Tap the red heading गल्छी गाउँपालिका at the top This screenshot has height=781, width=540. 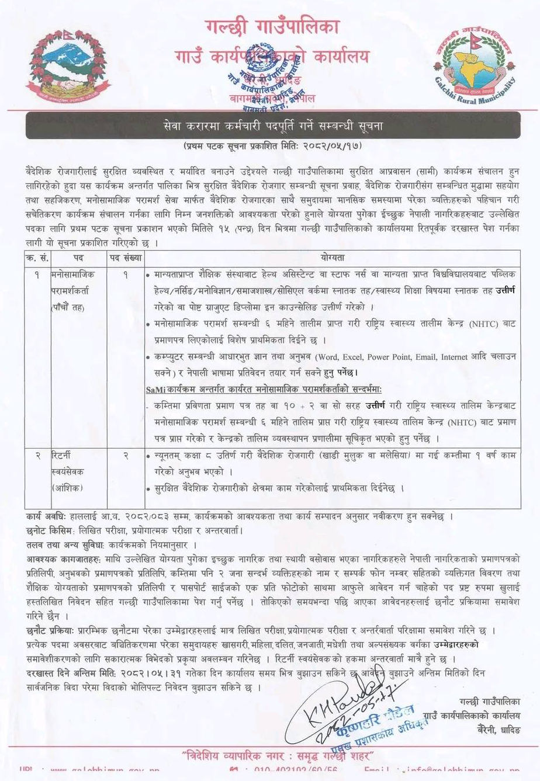(x=271, y=27)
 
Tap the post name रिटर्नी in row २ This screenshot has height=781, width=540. (x=61, y=455)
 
